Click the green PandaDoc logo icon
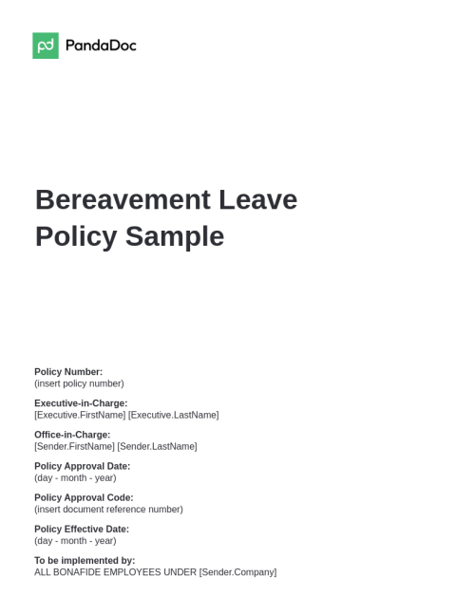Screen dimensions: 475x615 tap(46, 46)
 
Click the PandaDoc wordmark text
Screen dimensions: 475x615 tap(101, 46)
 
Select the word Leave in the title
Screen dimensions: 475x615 tap(257, 200)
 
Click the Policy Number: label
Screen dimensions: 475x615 tap(68, 372)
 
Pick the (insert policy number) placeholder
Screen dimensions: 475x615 tap(79, 383)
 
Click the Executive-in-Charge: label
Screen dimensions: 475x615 tap(81, 403)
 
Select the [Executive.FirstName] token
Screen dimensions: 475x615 tap(80, 415)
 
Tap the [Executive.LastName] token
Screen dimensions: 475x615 tap(174, 415)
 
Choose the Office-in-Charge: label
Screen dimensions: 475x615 tap(72, 435)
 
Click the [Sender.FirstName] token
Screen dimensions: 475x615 tap(74, 446)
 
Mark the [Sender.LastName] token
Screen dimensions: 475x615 tap(158, 446)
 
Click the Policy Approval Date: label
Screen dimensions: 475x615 tap(82, 466)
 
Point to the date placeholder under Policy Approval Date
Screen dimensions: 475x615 tap(75, 477)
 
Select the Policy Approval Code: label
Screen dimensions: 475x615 tap(84, 497)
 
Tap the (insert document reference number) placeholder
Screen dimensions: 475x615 tap(108, 509)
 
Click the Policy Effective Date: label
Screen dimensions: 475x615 tap(82, 529)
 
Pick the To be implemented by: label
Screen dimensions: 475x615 tap(85, 560)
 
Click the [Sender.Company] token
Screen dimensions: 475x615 tap(237, 572)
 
